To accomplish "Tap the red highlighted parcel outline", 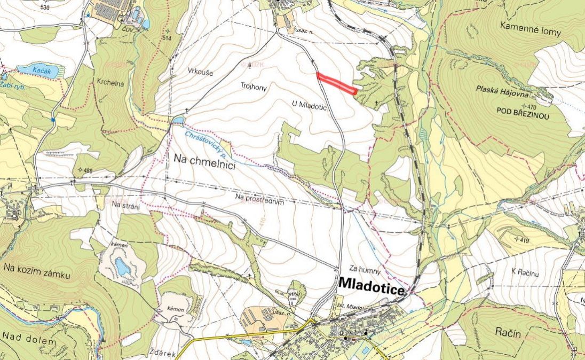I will [336, 83].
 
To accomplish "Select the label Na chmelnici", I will [205, 158].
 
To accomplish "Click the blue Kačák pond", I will [40, 71].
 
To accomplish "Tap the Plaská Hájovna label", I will [503, 94].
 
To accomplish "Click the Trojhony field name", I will [254, 85].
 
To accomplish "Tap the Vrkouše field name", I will [200, 71].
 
